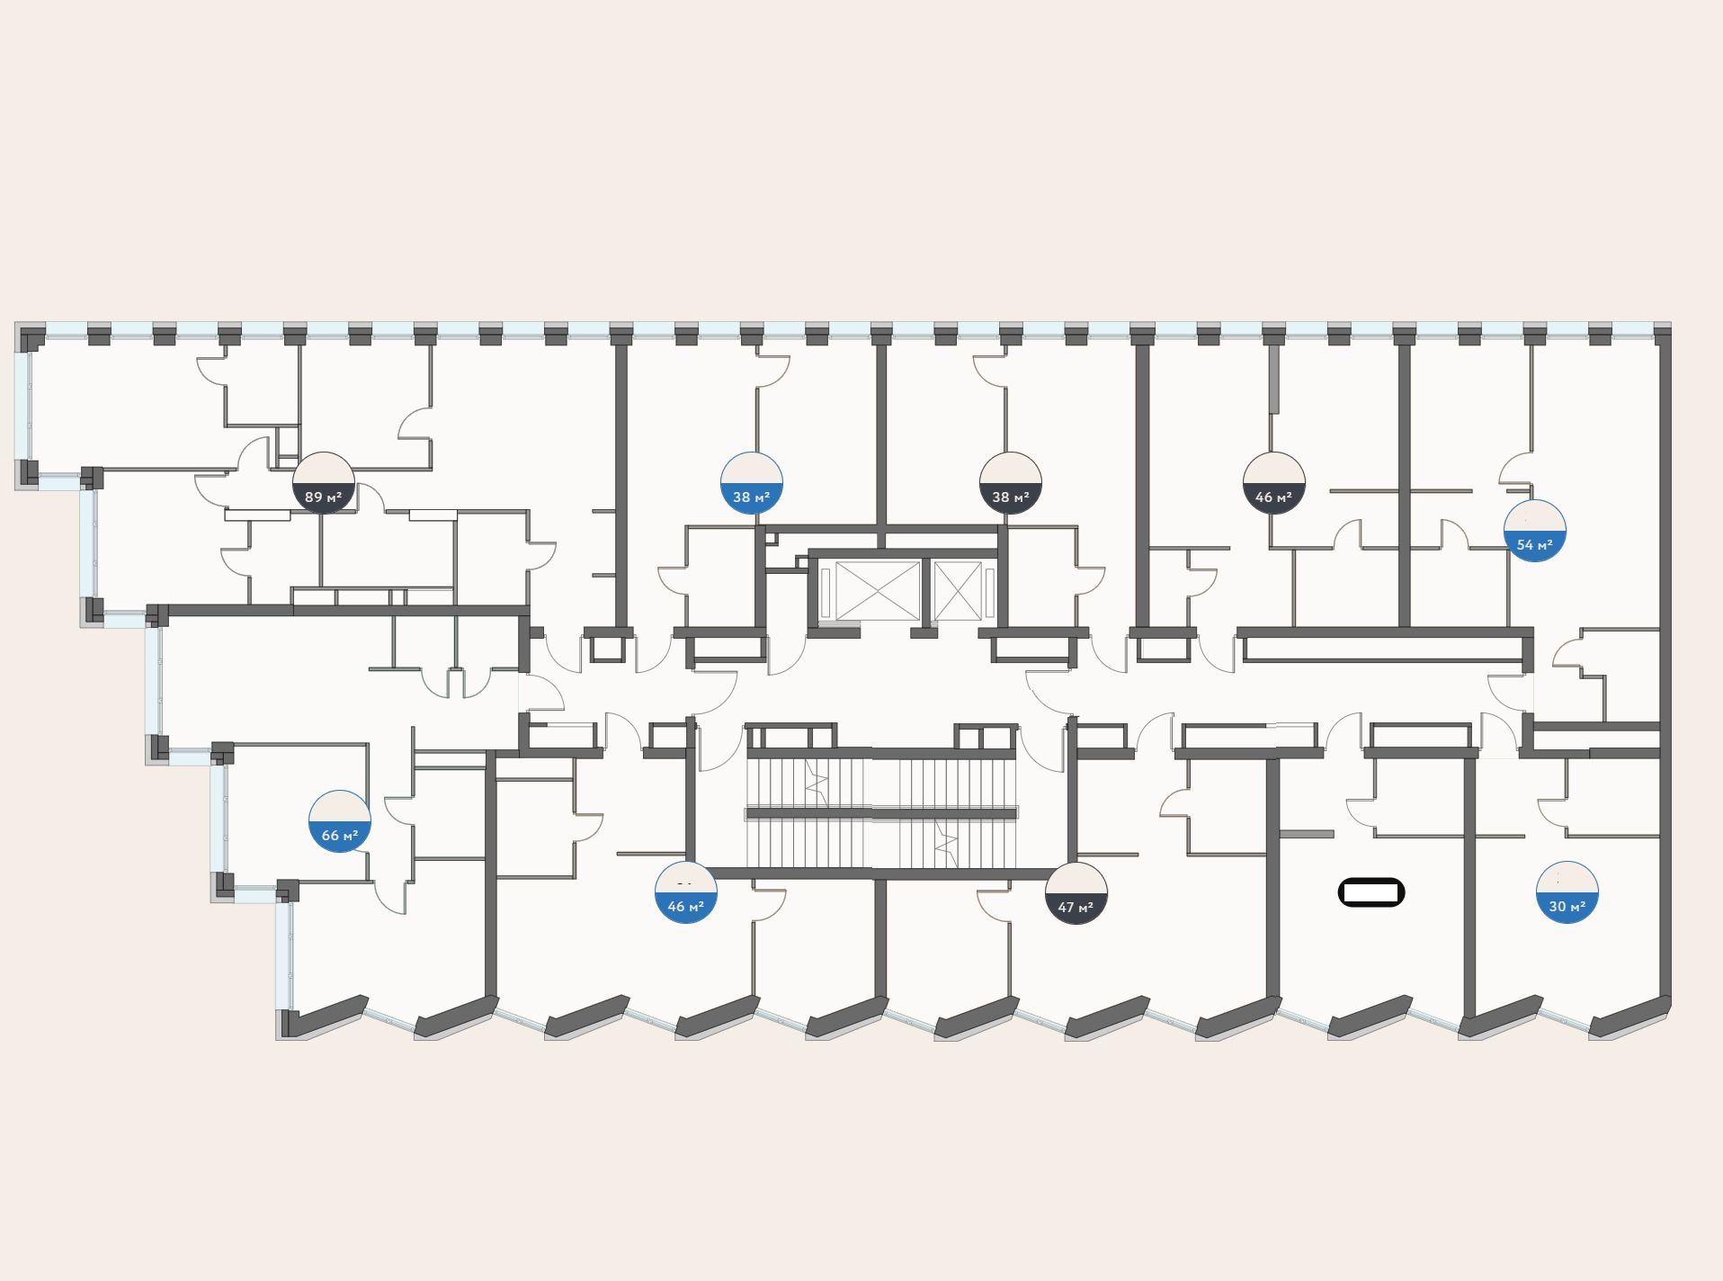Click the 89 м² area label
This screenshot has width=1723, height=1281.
click(x=324, y=497)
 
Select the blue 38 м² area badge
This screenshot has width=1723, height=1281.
click(x=752, y=483)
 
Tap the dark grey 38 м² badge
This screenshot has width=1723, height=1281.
click(x=1011, y=483)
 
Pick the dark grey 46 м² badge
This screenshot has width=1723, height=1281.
click(x=1274, y=483)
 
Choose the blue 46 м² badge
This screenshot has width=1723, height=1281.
click(x=686, y=892)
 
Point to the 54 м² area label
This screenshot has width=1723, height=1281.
click(x=1535, y=545)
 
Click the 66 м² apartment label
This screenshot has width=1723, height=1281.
click(x=340, y=836)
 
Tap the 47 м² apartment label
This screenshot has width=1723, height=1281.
click(x=1076, y=908)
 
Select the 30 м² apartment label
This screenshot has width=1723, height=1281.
click(x=1567, y=907)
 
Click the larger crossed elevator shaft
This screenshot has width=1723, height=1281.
click(x=878, y=591)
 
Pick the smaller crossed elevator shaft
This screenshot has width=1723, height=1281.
click(x=957, y=591)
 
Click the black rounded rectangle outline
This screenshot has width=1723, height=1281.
click(x=1371, y=892)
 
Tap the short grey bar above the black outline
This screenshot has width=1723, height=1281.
click(x=1306, y=834)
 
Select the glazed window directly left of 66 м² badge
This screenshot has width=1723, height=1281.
click(x=219, y=818)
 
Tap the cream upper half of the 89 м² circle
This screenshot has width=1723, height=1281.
click(x=324, y=468)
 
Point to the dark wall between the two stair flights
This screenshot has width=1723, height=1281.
click(x=881, y=813)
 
